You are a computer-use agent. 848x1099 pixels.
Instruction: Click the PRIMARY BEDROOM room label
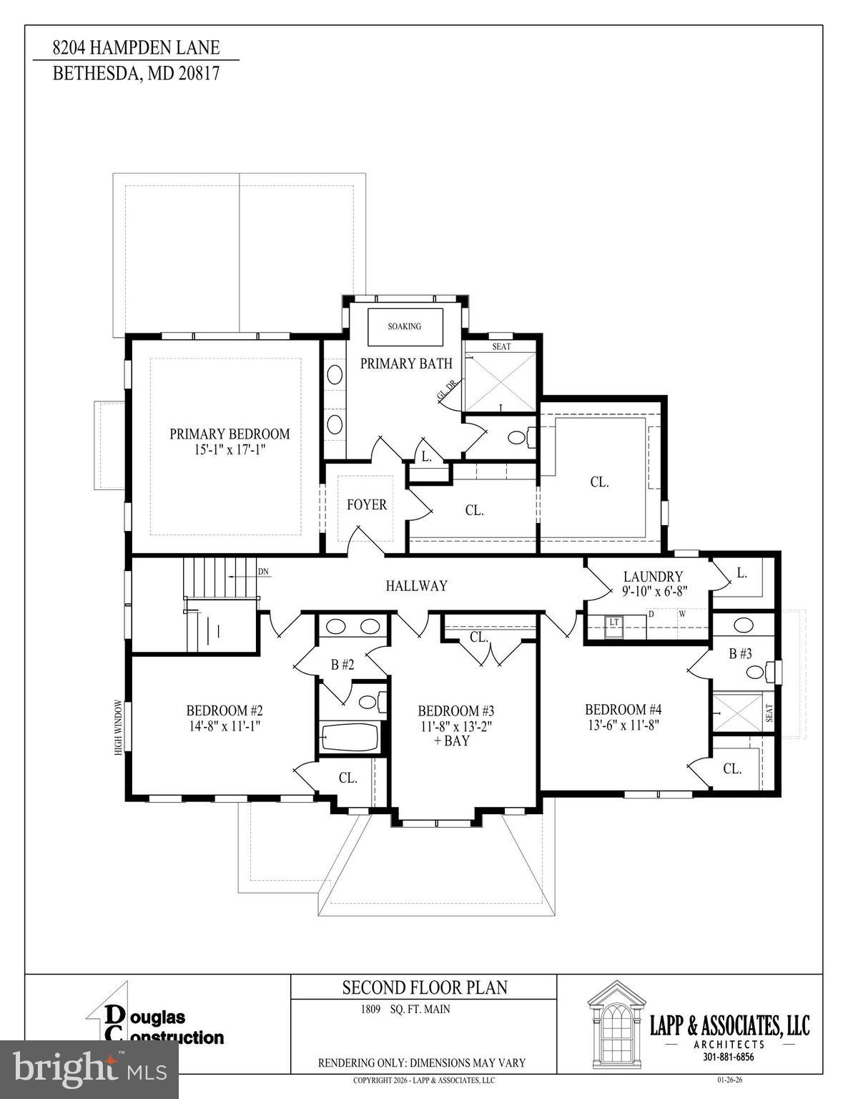click(230, 434)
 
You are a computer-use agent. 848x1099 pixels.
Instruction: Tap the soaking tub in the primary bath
click(405, 326)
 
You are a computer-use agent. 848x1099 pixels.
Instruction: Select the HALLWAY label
click(416, 586)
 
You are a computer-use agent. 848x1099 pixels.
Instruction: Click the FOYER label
click(367, 504)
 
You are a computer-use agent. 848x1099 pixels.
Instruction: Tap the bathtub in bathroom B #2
click(350, 737)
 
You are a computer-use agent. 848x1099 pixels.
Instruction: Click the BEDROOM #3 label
click(456, 710)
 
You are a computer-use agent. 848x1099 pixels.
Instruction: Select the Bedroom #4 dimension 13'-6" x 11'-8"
click(623, 724)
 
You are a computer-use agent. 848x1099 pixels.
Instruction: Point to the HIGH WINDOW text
click(119, 727)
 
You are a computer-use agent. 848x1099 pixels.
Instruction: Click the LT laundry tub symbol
click(613, 623)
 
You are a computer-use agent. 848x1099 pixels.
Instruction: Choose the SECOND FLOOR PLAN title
click(425, 987)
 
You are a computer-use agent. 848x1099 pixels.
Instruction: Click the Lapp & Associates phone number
click(728, 1057)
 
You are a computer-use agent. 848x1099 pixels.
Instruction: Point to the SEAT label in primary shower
click(501, 346)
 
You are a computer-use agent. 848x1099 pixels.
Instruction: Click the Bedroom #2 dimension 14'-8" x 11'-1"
click(225, 725)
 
